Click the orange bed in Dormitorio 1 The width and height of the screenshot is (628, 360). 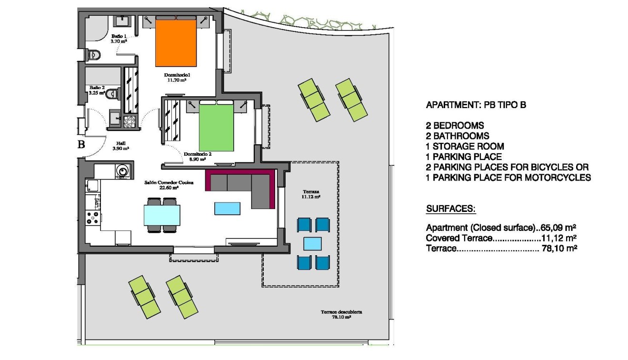[176, 43]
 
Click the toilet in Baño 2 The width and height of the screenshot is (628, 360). [110, 94]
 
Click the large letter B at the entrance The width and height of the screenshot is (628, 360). [81, 145]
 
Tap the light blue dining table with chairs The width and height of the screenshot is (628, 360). [162, 215]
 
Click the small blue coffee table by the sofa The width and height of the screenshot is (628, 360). [227, 208]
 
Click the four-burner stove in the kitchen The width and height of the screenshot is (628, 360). [92, 218]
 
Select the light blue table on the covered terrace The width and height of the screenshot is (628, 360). [313, 244]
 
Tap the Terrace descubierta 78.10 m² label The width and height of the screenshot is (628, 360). [341, 314]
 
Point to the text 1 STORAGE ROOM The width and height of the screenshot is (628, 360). [465, 146]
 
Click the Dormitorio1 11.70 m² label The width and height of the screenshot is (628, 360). [177, 78]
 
